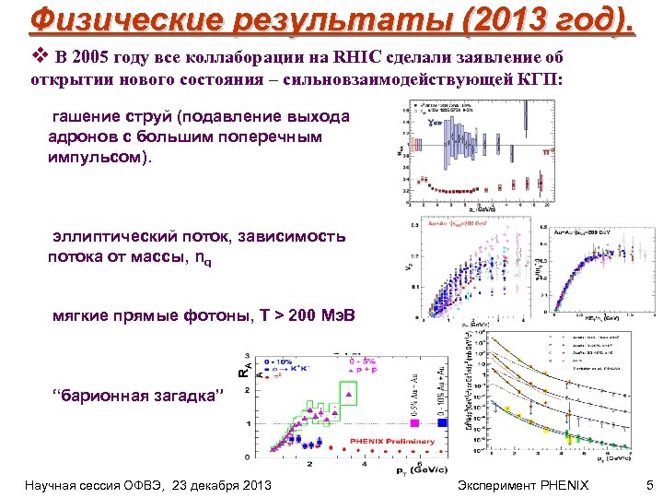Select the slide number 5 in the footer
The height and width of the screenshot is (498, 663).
click(649, 484)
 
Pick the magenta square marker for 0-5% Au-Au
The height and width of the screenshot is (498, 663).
click(415, 423)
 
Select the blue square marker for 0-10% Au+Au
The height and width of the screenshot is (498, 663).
click(443, 423)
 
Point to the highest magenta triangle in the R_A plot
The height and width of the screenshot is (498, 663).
click(349, 394)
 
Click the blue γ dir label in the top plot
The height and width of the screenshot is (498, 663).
click(434, 121)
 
